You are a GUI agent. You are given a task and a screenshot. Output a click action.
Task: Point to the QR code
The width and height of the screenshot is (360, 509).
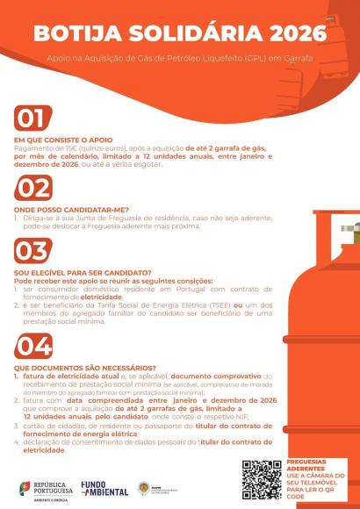[x=262, y=479]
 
